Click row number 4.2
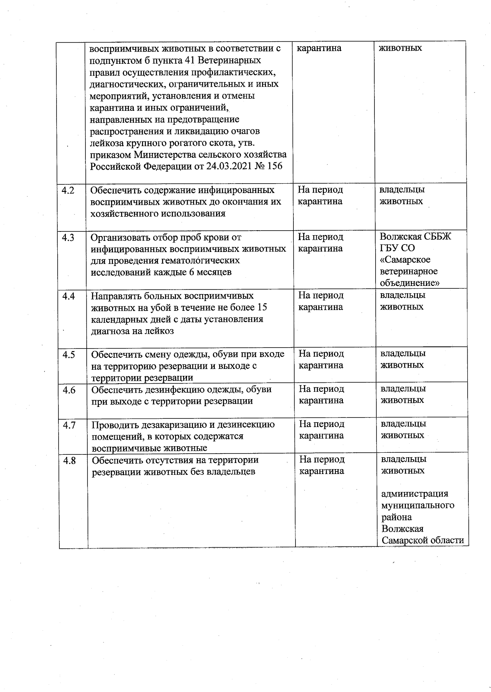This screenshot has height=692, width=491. click(x=68, y=190)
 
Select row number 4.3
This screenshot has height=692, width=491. click(x=68, y=238)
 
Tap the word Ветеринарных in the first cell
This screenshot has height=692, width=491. click(x=233, y=61)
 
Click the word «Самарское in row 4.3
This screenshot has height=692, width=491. click(x=405, y=260)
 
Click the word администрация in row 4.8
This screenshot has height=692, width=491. click(x=415, y=494)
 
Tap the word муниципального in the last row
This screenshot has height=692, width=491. click(x=418, y=506)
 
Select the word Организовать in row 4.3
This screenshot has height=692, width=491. click(x=119, y=238)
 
